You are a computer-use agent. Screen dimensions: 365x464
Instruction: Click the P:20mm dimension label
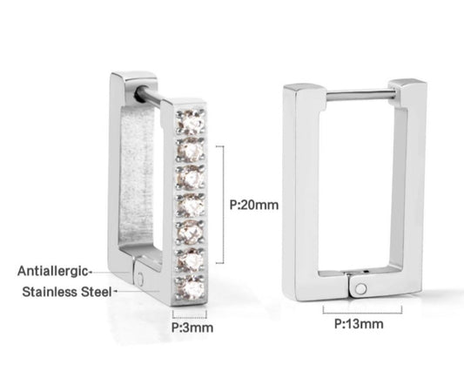255,206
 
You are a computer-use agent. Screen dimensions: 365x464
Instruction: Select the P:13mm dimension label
359,324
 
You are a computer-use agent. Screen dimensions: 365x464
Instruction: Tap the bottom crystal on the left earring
190,284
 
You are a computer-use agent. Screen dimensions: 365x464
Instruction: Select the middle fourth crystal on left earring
190,203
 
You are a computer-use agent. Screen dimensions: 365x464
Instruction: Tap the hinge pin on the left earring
143,277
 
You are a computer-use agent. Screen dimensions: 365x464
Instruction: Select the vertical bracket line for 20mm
225,205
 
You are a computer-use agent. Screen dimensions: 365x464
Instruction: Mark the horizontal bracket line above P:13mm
358,309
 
